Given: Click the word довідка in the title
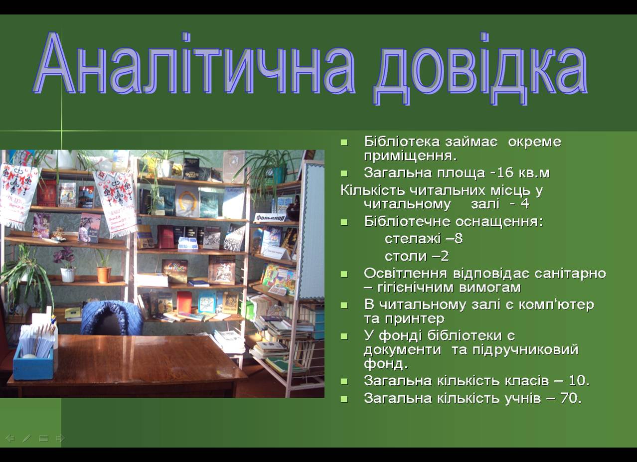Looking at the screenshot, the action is (480, 68).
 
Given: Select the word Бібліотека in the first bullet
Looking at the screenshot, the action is (402, 142).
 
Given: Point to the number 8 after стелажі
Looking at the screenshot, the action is (459, 239).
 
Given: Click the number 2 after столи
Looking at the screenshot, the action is (445, 256).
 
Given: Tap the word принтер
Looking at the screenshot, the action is (414, 319).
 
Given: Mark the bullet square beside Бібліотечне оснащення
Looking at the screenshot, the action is (344, 222).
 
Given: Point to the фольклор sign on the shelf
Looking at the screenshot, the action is (269, 218).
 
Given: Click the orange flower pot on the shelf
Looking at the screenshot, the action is (104, 275).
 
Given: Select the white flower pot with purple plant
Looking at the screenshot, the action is (68, 275).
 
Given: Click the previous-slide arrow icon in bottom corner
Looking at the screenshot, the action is (10, 438).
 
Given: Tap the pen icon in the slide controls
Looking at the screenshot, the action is (27, 438).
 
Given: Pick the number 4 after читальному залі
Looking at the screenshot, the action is (525, 204).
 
